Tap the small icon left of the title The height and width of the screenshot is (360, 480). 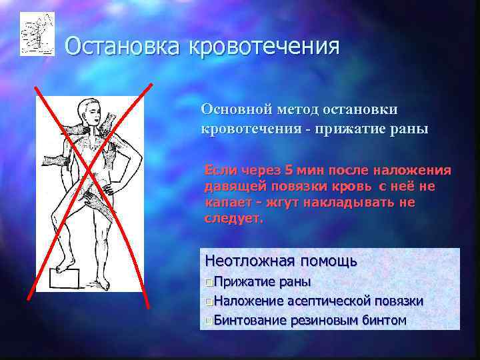coord(37,33)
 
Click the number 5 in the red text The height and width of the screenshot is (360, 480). coord(288,170)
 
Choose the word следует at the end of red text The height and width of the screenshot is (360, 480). coord(233,218)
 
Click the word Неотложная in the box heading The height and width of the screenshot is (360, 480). coord(250,260)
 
